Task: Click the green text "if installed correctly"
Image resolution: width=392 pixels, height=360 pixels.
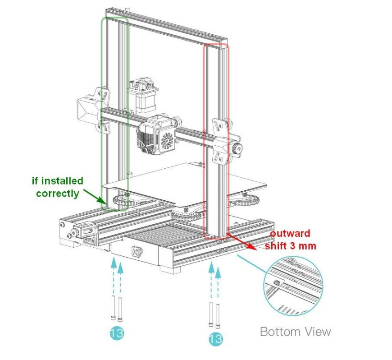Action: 57,187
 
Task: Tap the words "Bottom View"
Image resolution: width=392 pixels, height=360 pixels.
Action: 295,332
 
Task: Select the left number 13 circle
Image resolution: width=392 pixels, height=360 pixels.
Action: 117,333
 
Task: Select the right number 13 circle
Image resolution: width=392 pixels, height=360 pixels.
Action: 215,338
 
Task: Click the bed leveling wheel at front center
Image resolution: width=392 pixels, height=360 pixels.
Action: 186,214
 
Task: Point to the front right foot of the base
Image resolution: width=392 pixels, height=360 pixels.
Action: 170,269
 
